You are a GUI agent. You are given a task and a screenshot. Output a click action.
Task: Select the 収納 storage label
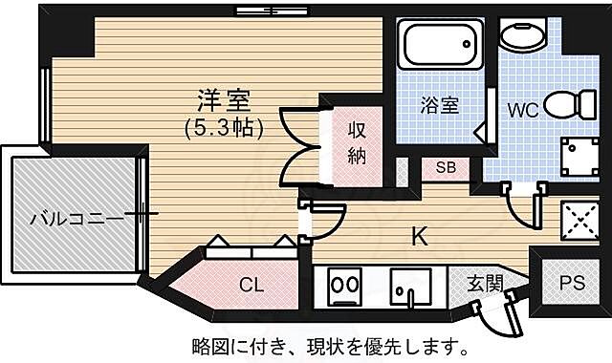tap(357, 143)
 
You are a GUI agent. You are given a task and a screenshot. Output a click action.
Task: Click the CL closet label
tap(251, 283)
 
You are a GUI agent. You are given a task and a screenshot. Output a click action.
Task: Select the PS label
tap(572, 283)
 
